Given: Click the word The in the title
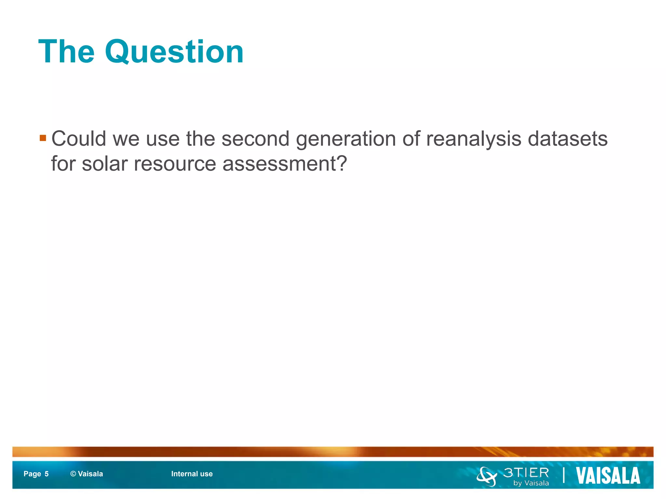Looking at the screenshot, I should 66,51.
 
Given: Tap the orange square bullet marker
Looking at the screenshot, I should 43,138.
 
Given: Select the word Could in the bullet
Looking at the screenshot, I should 79,139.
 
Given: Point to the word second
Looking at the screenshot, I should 255,139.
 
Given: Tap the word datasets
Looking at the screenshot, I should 567,139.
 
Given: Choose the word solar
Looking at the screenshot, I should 104,163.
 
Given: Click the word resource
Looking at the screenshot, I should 175,164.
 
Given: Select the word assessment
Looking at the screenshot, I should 278,164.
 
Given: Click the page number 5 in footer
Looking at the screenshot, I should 47,474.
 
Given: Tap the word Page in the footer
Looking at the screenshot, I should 32,474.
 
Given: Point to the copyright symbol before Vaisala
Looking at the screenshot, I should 73,474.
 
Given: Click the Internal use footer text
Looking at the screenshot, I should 192,474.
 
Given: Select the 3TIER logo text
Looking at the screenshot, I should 526,473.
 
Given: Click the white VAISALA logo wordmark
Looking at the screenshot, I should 608,476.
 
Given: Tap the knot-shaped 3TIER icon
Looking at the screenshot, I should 487,476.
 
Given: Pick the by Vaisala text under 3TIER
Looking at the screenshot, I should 531,483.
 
